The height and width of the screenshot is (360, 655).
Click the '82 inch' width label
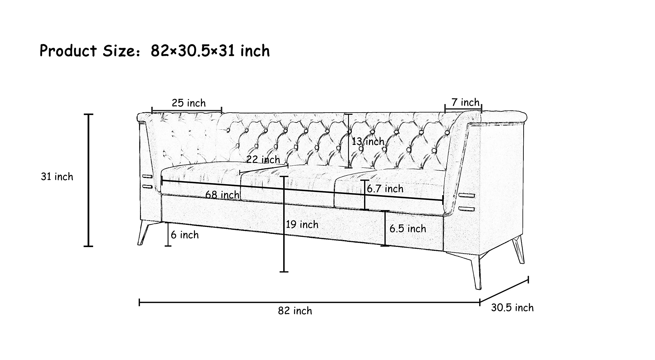point(295,311)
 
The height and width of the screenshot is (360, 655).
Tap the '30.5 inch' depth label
point(512,308)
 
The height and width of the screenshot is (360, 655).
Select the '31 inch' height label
point(57,177)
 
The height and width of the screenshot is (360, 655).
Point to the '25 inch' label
point(189,103)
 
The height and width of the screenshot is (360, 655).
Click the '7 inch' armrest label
point(465,102)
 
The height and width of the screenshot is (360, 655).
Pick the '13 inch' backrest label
point(368,141)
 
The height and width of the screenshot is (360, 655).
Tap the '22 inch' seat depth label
point(263,159)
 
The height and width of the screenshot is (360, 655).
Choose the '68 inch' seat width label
point(222,195)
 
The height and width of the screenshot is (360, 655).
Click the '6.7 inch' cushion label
point(385,189)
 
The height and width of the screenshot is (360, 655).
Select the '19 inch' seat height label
point(302,225)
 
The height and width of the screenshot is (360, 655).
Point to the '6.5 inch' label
point(408,229)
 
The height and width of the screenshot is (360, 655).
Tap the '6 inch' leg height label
point(185,235)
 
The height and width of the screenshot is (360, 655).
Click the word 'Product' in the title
point(68,50)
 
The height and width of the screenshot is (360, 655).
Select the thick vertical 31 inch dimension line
point(89,180)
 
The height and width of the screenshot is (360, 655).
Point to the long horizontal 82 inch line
point(309,302)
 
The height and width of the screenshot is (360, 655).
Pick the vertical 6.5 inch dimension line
point(385,228)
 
